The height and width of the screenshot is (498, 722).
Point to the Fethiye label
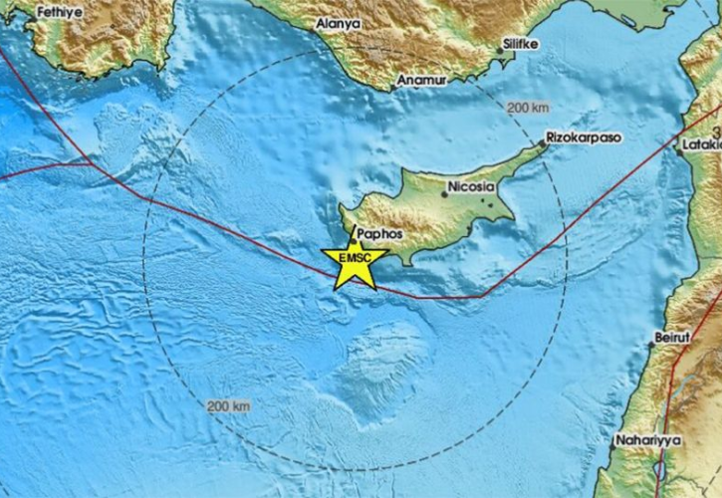(x=56, y=13)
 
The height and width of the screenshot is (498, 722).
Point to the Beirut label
(x=672, y=339)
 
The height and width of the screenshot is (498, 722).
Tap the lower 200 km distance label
(x=229, y=406)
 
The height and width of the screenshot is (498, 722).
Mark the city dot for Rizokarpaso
(x=542, y=143)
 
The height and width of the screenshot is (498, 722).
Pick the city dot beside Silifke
(x=500, y=48)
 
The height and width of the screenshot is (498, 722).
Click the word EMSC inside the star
(x=355, y=259)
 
